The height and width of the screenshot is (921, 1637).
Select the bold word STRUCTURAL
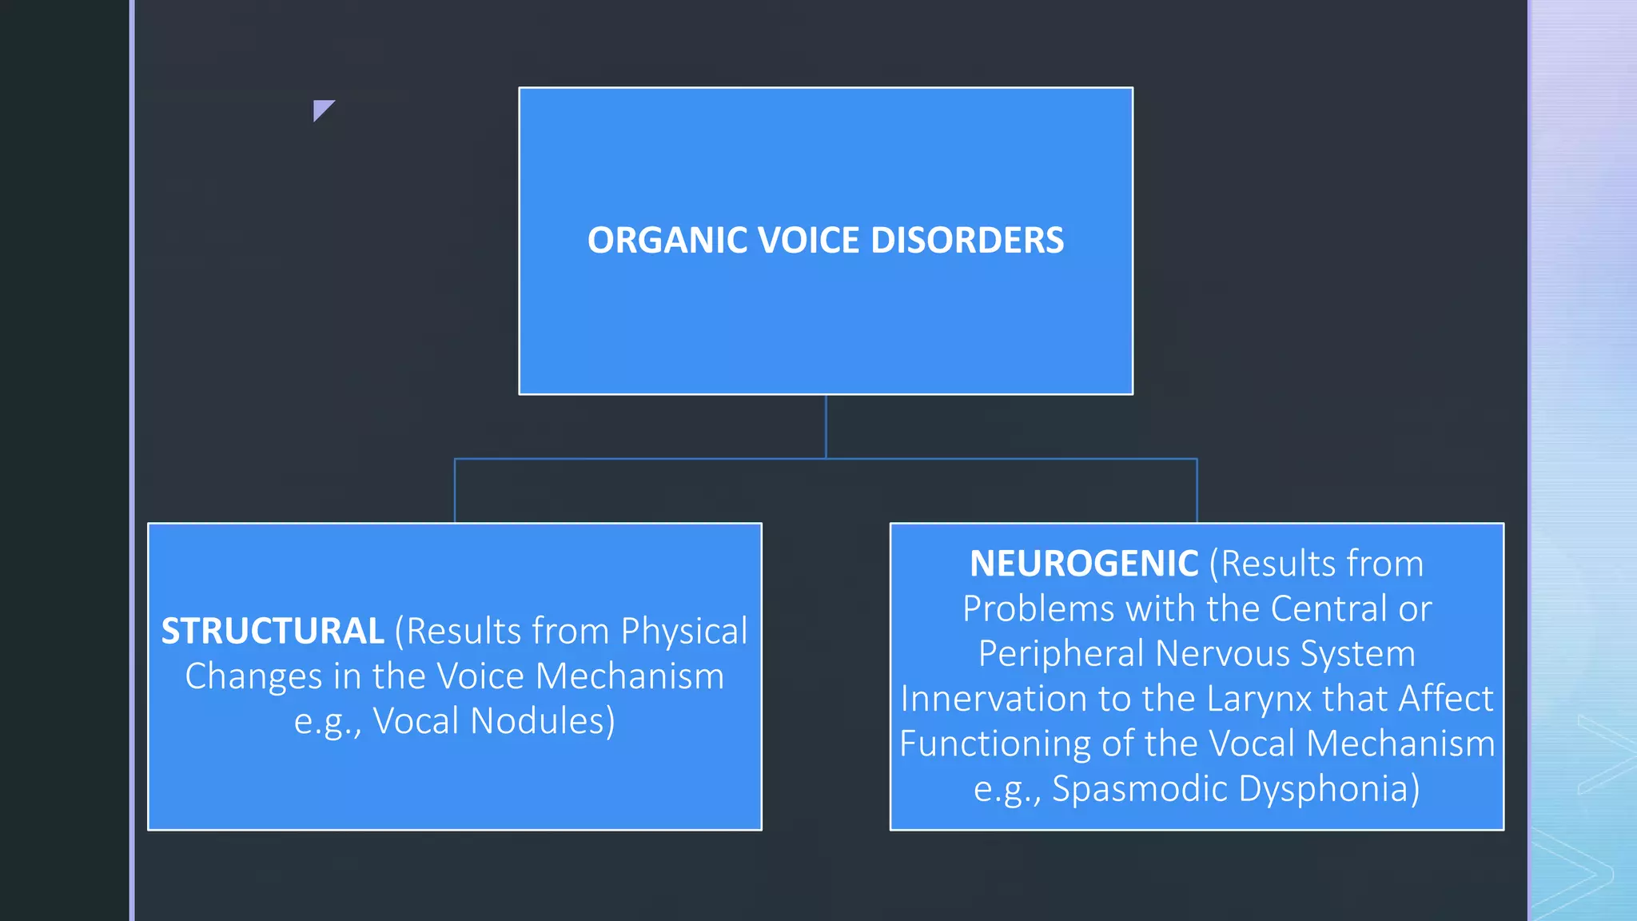tap(273, 632)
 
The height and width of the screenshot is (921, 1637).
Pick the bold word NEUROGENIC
tap(1084, 564)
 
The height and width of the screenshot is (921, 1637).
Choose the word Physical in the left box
tap(684, 632)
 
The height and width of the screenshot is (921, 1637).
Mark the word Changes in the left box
tap(253, 676)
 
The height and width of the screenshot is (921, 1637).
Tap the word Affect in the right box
tap(1446, 699)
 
